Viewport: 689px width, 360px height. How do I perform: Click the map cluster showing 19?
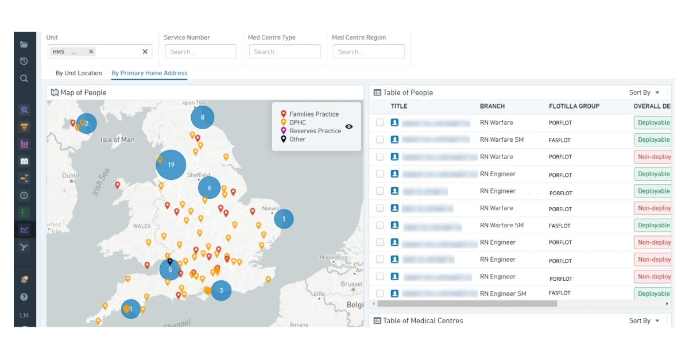[171, 165]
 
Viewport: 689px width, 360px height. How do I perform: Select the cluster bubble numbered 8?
[202, 118]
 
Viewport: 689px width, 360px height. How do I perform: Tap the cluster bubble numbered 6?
[210, 188]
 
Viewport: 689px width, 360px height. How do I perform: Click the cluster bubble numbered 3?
[221, 291]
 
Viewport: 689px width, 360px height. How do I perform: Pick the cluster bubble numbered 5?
[170, 269]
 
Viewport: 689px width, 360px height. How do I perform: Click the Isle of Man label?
[117, 140]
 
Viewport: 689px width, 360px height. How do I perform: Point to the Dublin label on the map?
[71, 176]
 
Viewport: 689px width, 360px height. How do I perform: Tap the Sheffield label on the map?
[198, 175]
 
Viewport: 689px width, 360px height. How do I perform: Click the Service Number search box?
[200, 52]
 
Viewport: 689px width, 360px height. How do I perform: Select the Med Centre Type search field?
[285, 52]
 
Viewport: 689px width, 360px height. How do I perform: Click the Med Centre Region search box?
[369, 52]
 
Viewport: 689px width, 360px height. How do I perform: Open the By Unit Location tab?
[79, 73]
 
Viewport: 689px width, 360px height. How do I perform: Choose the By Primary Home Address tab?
[149, 73]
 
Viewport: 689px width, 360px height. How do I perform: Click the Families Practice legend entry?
[313, 114]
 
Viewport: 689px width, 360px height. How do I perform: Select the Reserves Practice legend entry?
[315, 131]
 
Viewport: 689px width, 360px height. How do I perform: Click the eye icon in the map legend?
[349, 127]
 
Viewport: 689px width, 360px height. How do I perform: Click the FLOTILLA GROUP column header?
[574, 106]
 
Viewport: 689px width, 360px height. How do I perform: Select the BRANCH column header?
[492, 106]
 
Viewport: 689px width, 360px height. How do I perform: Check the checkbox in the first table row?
[380, 122]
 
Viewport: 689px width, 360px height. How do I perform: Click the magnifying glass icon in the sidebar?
[24, 79]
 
